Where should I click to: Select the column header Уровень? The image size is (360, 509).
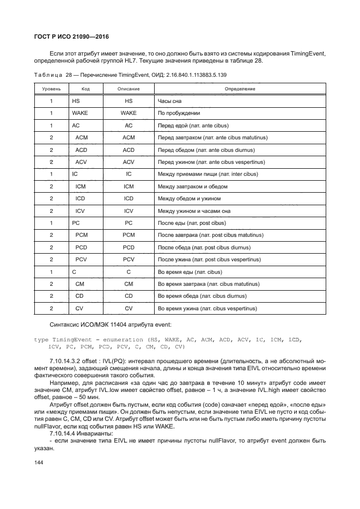pyautogui.click(x=51, y=89)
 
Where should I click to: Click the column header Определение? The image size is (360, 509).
pyautogui.click(x=240, y=89)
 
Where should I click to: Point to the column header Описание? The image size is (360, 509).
pyautogui.click(x=129, y=89)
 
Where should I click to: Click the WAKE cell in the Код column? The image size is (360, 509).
pyautogui.click(x=80, y=113)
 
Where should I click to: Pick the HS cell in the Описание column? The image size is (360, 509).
pyautogui.click(x=129, y=101)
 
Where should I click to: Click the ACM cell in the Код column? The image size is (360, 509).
pyautogui.click(x=82, y=138)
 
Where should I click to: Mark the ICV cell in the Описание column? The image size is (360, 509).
pyautogui.click(x=129, y=211)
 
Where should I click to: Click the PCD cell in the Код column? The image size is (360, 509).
pyautogui.click(x=82, y=247)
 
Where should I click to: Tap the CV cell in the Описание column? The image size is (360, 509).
pyautogui.click(x=129, y=308)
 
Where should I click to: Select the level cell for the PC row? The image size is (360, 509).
pyautogui.click(x=51, y=223)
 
